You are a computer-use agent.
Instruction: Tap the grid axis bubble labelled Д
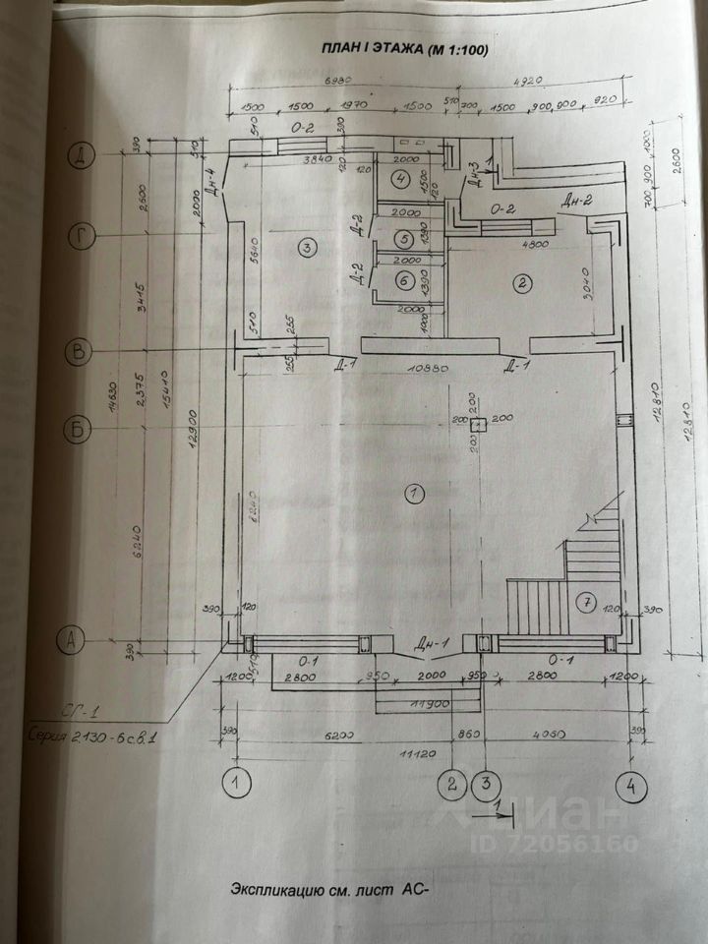(x=78, y=153)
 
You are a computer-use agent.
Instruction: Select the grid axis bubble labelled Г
(x=78, y=236)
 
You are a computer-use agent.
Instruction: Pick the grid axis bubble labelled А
(x=70, y=641)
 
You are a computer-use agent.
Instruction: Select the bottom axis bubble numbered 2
(x=452, y=785)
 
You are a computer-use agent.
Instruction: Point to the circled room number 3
(x=308, y=246)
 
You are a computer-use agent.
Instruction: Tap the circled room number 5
(x=402, y=238)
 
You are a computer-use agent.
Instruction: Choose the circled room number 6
(x=402, y=279)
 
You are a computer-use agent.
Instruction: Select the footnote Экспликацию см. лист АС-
(x=330, y=891)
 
